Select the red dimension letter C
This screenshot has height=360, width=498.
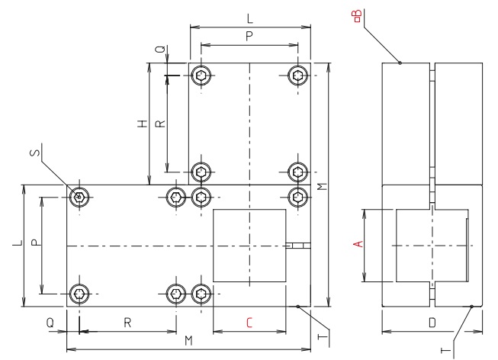pyautogui.click(x=249, y=323)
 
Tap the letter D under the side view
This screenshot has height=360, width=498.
pyautogui.click(x=432, y=323)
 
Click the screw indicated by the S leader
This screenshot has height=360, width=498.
pyautogui.click(x=79, y=197)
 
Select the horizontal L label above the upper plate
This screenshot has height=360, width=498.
pyautogui.click(x=250, y=17)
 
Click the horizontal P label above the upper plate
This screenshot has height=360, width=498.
pyautogui.click(x=249, y=36)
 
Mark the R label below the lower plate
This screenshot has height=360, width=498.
pyautogui.click(x=127, y=323)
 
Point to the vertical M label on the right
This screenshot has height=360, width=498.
pyautogui.click(x=323, y=185)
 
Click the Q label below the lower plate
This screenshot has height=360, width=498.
pyautogui.click(x=50, y=323)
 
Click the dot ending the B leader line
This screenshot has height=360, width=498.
pyautogui.click(x=400, y=63)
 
